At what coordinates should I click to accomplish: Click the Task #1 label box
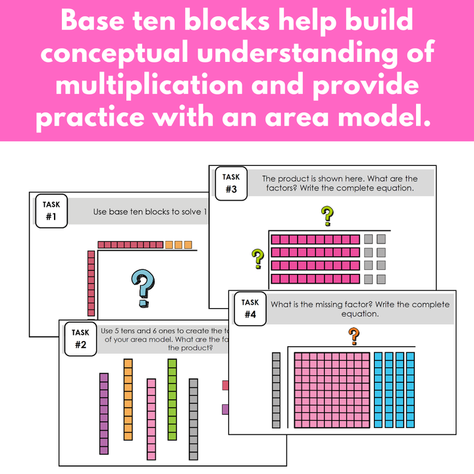51,211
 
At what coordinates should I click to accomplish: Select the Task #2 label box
80,338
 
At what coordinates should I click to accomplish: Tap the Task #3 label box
230,184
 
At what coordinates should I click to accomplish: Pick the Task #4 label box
250,308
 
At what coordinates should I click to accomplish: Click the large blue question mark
143,287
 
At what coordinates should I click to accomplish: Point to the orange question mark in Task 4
354,336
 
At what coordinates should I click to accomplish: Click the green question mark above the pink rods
327,215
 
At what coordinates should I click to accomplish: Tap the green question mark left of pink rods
257,259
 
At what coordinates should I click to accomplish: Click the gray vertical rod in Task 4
276,390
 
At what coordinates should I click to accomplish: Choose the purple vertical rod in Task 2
103,413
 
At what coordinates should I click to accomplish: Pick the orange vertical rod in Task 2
128,399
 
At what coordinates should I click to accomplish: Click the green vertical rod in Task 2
172,399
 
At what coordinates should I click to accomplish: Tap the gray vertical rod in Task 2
194,419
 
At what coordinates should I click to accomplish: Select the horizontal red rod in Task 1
130,245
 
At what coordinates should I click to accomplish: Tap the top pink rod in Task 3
315,239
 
